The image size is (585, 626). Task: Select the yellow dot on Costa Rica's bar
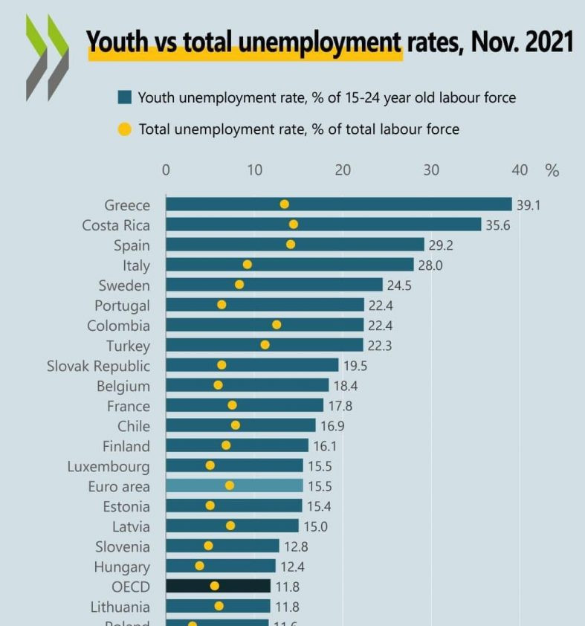tap(293, 225)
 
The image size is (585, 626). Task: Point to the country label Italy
tap(136, 265)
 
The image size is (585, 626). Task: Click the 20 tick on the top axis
tap(343, 170)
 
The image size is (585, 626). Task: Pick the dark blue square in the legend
tap(125, 97)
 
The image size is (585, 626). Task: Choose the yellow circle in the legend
tap(125, 129)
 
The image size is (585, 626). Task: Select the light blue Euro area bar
tap(234, 486)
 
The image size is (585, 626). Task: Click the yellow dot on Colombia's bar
tap(277, 325)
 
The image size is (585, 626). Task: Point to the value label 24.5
tap(398, 285)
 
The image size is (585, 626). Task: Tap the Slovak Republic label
tap(98, 366)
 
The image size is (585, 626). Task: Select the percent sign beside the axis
tap(552, 170)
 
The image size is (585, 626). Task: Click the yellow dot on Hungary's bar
tap(199, 566)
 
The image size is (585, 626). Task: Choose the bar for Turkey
tap(264, 345)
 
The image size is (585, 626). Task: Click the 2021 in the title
tap(549, 42)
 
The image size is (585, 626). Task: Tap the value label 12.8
tap(296, 547)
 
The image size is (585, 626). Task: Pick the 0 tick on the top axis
tap(166, 170)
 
